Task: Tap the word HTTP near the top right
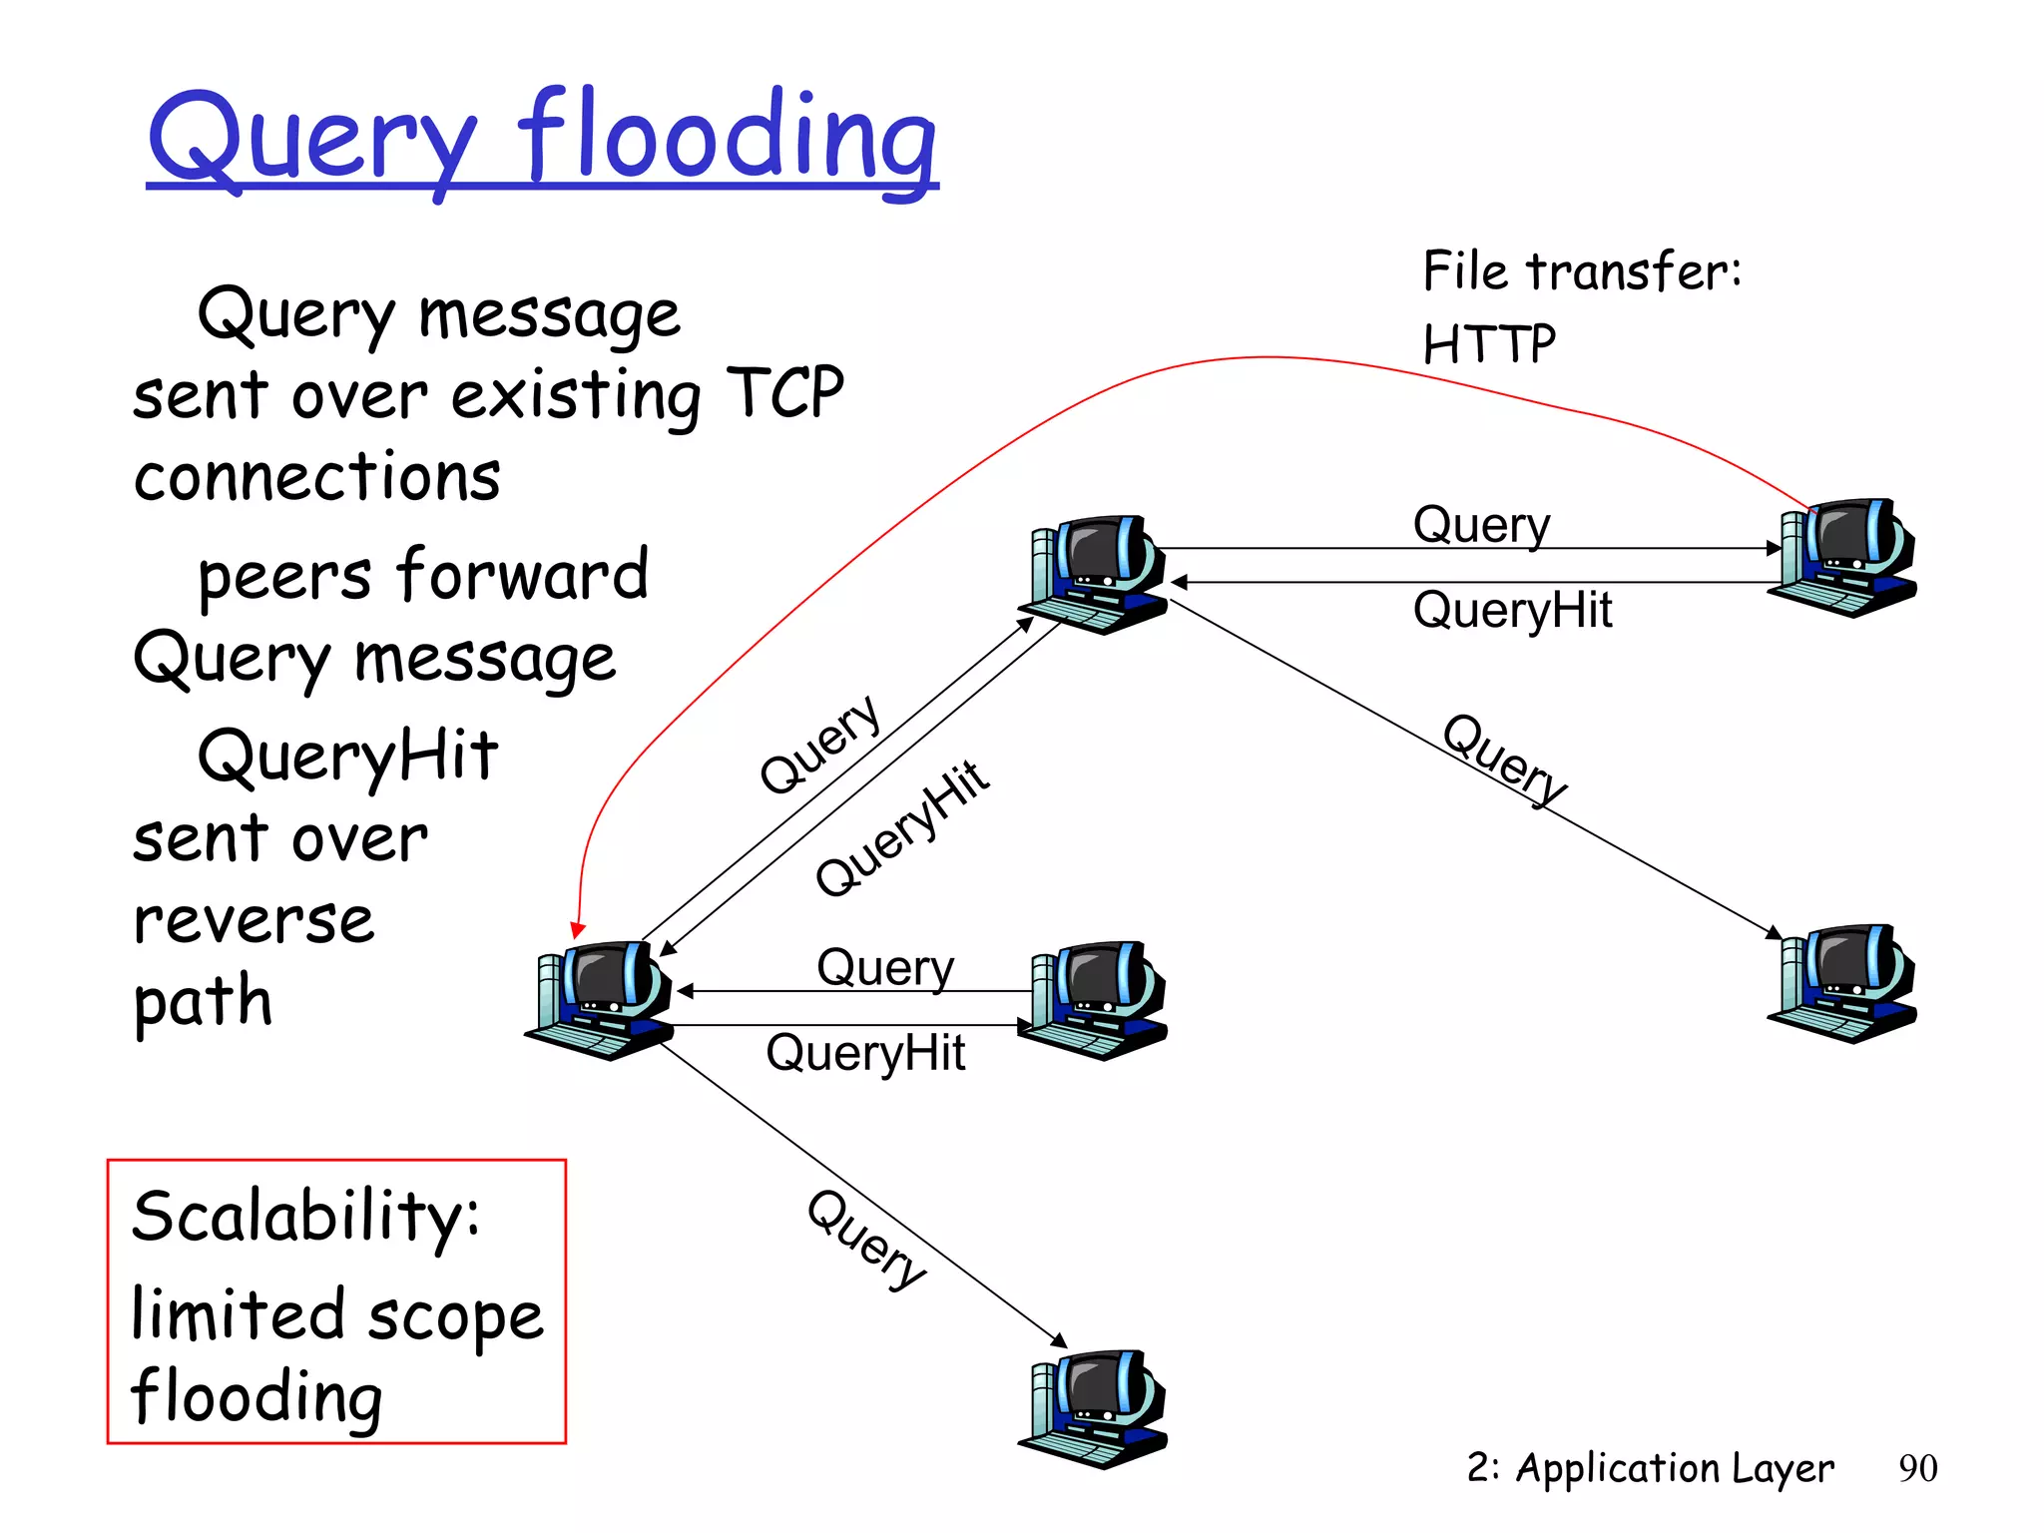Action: point(1488,345)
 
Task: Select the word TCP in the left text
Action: point(784,392)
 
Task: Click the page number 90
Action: point(1917,1468)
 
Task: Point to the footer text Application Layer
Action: point(1675,1468)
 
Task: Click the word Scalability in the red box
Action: point(304,1218)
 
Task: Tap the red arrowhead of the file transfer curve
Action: point(578,930)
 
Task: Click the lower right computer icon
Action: point(1845,983)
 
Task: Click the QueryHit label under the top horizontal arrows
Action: point(1512,610)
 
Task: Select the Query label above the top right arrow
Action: point(1482,525)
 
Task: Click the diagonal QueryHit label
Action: point(902,828)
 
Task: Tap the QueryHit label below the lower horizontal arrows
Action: point(865,1053)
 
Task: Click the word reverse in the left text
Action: point(254,920)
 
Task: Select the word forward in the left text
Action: point(522,575)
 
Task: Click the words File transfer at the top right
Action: point(1581,271)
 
